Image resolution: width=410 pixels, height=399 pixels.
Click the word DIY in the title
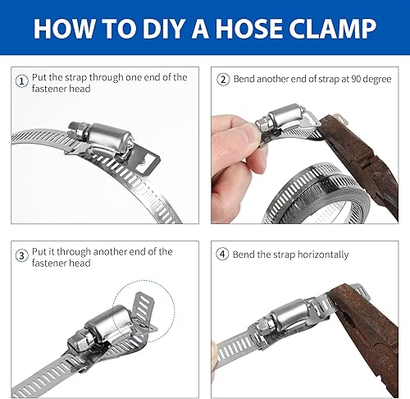tap(163, 28)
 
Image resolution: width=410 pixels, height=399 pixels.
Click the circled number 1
tap(21, 81)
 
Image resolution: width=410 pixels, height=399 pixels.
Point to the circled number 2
tap(223, 80)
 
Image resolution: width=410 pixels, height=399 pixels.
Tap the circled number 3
tap(21, 255)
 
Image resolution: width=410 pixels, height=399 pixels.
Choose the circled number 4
tap(222, 254)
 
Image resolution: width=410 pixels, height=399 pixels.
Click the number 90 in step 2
tap(358, 79)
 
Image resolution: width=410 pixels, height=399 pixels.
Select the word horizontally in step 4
tap(323, 255)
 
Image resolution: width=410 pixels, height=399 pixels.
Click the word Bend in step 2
tap(244, 79)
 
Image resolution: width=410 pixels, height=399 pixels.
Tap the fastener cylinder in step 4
tap(290, 313)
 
